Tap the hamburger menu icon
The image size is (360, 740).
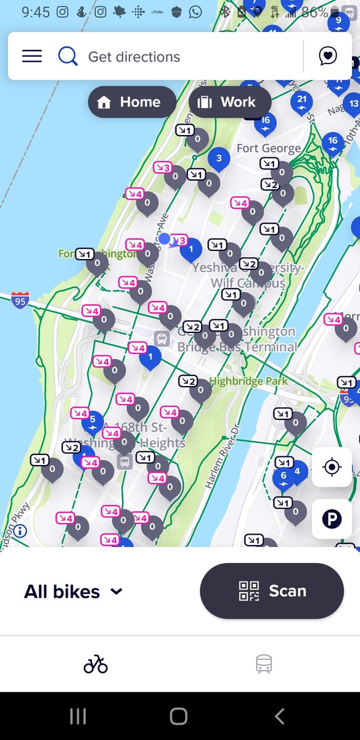[32, 56]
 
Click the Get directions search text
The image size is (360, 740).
[134, 57]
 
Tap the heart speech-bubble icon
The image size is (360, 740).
[328, 56]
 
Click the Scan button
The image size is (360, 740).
[271, 591]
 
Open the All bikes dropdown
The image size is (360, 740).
[73, 592]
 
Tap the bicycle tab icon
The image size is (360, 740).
[96, 664]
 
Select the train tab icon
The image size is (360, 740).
[264, 664]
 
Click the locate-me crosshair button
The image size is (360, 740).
[332, 467]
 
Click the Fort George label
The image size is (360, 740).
[269, 148]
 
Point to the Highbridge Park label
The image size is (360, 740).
[248, 382]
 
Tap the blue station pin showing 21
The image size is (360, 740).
[301, 101]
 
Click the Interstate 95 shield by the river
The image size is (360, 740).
[20, 301]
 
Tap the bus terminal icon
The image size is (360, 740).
[162, 338]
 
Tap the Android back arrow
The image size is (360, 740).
[279, 716]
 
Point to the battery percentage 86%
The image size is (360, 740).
[314, 12]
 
